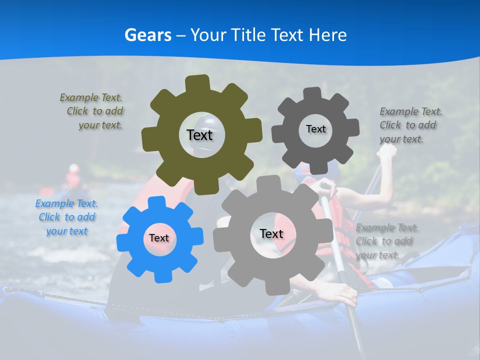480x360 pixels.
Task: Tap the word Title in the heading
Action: (248, 35)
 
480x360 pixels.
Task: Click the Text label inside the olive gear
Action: (199, 135)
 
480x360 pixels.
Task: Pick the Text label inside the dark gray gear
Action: (315, 129)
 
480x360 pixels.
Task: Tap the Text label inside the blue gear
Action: (159, 238)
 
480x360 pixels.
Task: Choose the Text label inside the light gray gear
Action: (271, 233)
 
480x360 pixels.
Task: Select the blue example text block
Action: (66, 217)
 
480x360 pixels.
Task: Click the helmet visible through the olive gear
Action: (205, 121)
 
